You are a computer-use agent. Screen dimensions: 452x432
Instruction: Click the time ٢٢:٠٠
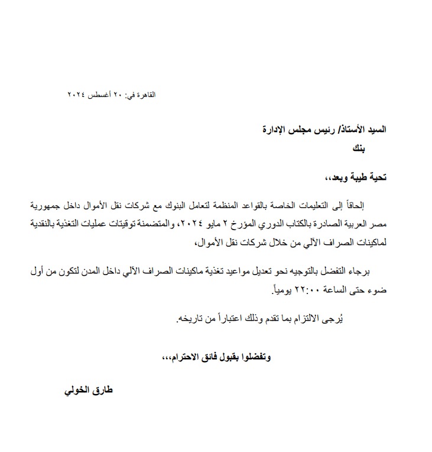pos(306,290)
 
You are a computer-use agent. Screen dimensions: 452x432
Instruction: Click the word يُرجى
pos(333,320)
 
